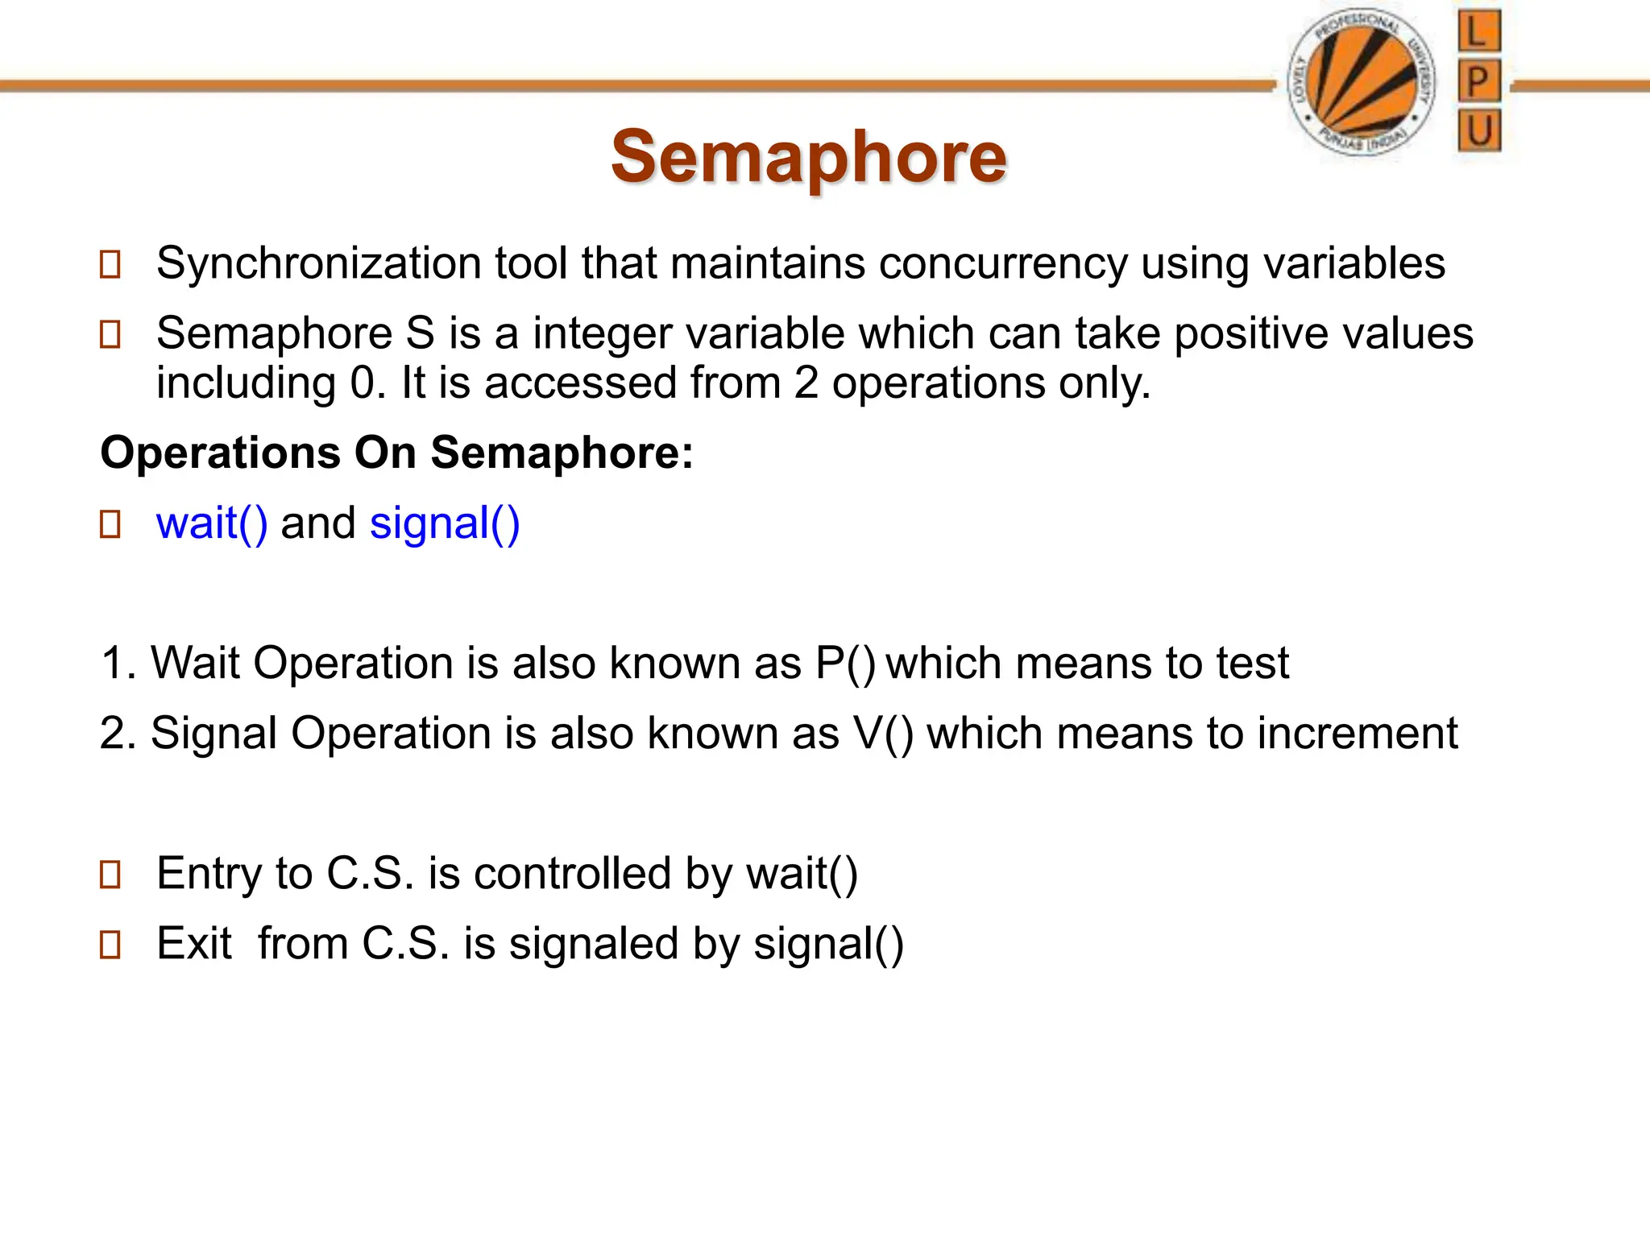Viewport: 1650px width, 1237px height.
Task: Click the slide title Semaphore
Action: coord(808,156)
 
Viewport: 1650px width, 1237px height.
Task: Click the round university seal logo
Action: coord(1361,85)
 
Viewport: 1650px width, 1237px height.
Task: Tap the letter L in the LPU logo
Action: coord(1478,33)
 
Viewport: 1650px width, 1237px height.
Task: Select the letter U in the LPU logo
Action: coord(1479,130)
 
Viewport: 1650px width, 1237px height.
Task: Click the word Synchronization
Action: coord(318,263)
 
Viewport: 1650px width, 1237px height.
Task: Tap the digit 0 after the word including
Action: coord(363,383)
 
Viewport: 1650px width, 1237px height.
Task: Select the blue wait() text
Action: coord(212,523)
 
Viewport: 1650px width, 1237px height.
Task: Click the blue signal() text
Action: coord(445,523)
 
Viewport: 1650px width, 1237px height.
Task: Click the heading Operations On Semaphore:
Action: coord(396,453)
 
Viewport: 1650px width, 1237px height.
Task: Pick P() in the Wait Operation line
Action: coord(844,664)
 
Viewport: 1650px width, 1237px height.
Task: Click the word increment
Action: coord(1357,734)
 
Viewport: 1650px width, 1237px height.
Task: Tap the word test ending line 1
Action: coord(1252,664)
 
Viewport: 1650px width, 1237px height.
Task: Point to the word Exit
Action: coord(194,944)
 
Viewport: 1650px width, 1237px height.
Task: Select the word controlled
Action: coord(572,874)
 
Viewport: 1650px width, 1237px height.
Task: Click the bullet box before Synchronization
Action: coord(110,265)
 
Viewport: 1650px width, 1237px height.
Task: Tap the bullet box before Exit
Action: coord(110,945)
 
